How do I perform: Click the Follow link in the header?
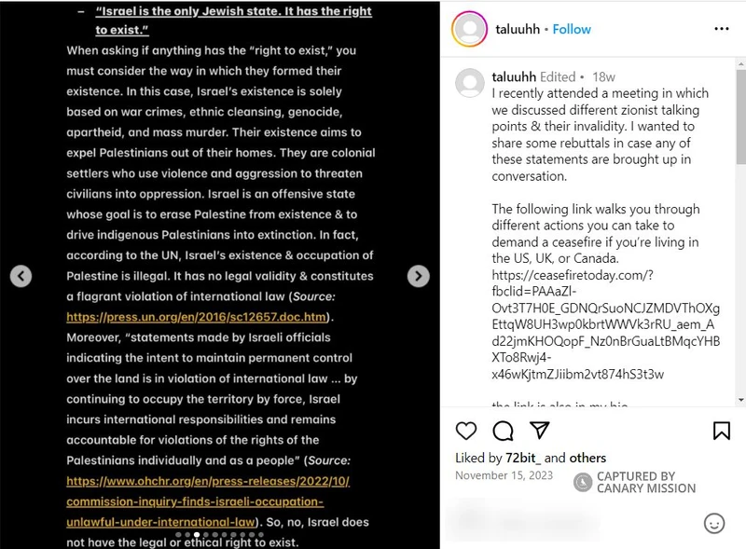click(572, 29)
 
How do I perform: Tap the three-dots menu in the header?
click(721, 29)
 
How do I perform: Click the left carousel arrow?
click(21, 276)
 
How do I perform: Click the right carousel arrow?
click(419, 276)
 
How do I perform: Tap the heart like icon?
click(466, 431)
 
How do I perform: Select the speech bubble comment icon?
click(503, 431)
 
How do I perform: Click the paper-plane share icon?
click(539, 431)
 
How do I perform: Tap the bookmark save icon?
click(721, 431)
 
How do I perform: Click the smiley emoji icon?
click(714, 523)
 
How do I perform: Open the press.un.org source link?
click(198, 317)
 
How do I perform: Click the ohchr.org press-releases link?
click(207, 481)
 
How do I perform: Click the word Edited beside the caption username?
click(558, 77)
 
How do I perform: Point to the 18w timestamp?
click(603, 77)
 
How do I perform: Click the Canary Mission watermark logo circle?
click(583, 482)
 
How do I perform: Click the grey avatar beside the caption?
click(469, 83)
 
